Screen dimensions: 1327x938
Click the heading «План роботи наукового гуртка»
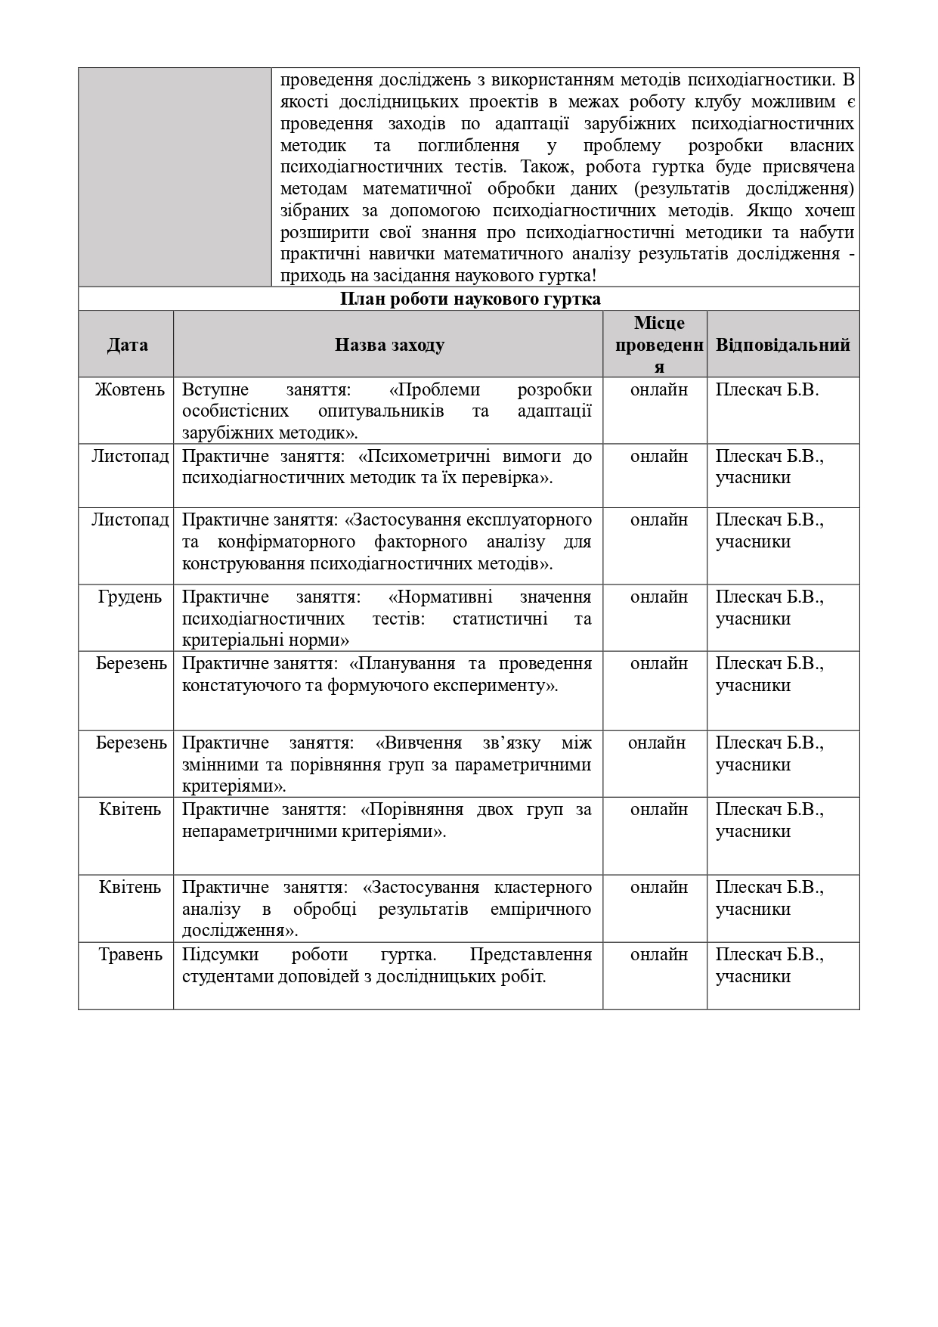click(x=469, y=299)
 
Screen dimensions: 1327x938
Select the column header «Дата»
click(x=127, y=345)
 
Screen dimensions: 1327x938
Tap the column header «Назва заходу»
click(x=389, y=345)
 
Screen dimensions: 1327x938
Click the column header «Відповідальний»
click(x=782, y=345)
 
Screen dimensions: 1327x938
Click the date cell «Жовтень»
click(x=129, y=389)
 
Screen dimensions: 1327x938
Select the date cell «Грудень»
click(x=129, y=597)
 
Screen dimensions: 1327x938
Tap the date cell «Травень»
click(x=130, y=954)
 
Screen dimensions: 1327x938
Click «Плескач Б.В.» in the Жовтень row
click(x=766, y=389)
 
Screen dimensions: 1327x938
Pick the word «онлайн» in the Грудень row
click(x=658, y=597)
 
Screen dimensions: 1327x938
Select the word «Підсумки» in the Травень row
click(x=218, y=954)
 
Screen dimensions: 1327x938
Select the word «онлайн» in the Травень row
click(x=658, y=954)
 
